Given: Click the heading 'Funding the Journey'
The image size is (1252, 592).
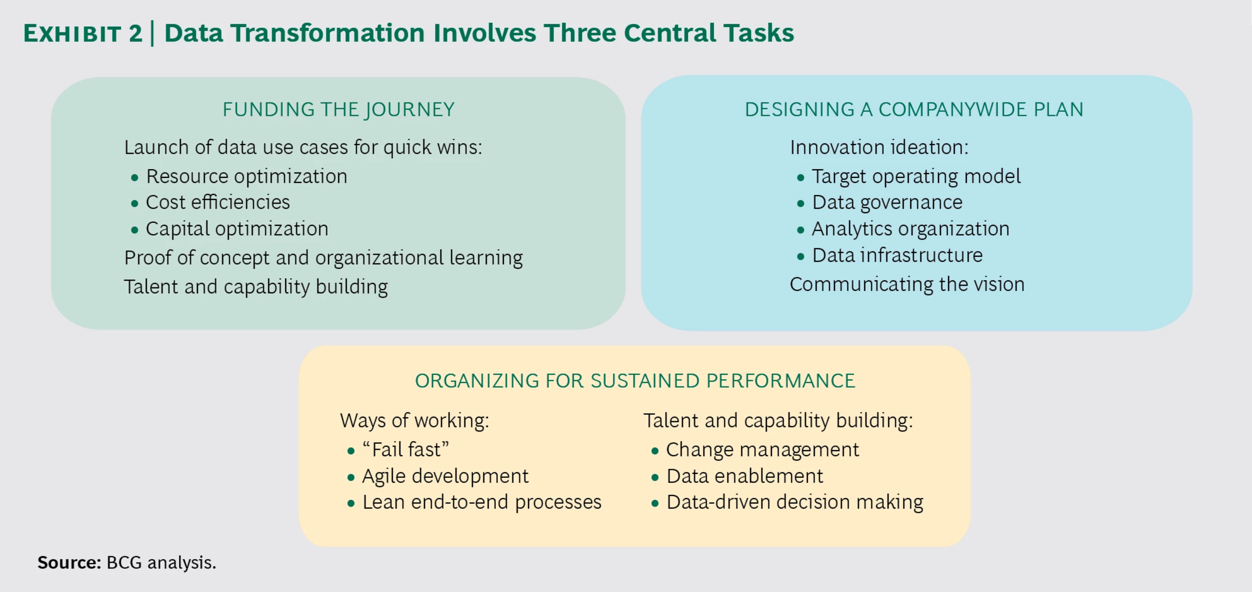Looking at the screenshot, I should point(338,110).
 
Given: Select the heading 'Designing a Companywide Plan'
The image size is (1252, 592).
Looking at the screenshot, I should point(914,110).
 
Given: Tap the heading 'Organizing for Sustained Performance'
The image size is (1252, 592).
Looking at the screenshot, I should point(635,381).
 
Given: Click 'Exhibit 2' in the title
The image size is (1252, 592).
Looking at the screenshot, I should point(83,34).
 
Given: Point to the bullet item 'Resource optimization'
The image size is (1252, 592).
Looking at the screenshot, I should point(246,176).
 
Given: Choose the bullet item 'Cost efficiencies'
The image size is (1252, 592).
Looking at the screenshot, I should point(218,203).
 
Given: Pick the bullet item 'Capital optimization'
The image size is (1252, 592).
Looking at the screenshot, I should point(237,229).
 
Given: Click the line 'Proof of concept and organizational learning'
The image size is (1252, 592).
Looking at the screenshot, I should point(323,258).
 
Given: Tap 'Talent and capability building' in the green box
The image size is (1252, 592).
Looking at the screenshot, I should point(255,287).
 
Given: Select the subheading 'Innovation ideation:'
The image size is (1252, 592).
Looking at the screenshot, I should point(879,147).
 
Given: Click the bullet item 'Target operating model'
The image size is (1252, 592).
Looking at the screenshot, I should point(916,176).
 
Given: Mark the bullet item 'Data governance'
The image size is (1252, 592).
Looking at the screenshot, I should point(887,203).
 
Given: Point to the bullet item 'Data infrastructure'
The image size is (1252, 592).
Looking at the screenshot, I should point(897,256).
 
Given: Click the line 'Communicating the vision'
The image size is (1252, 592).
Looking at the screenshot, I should point(907,284).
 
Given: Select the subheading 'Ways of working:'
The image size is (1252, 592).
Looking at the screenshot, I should point(414,421).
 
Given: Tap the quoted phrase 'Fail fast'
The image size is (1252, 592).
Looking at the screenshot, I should point(406,450).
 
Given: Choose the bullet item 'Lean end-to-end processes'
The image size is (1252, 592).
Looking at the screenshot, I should point(482,502).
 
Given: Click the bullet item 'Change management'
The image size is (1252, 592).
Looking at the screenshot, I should point(762,450).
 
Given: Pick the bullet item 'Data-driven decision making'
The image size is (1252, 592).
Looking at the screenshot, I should point(795,502).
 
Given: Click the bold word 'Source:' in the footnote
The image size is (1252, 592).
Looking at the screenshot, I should point(69,563).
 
